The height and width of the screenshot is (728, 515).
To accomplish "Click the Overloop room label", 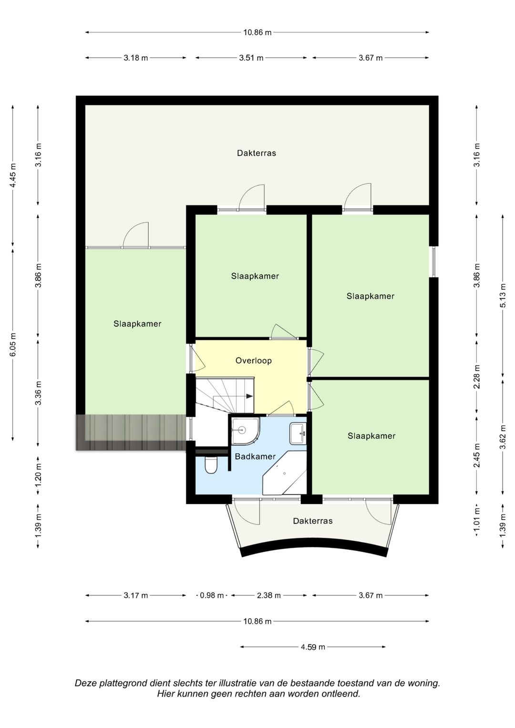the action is click(x=254, y=361).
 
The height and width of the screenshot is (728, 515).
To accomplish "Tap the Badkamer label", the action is click(x=255, y=457).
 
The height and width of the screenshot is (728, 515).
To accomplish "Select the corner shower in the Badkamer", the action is click(x=246, y=431).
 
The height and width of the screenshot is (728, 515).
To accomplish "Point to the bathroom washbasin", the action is click(x=298, y=433).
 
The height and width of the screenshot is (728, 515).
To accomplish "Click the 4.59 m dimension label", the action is click(x=313, y=647).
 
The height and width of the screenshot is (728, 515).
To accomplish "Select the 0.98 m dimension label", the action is click(x=212, y=596).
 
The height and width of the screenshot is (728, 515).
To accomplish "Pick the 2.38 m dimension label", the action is click(x=268, y=596).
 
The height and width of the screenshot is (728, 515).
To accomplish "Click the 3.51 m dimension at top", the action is click(x=251, y=58).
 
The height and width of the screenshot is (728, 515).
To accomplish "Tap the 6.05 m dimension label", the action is click(x=13, y=345).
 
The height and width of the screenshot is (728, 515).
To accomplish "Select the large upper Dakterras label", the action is click(x=257, y=153).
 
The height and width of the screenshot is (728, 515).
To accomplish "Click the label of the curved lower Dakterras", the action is click(x=313, y=521).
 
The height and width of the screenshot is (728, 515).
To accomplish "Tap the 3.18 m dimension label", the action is click(x=135, y=58).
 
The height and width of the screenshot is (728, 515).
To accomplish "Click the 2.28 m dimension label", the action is click(x=477, y=377).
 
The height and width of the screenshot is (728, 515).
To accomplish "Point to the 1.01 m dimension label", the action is click(x=477, y=525).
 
